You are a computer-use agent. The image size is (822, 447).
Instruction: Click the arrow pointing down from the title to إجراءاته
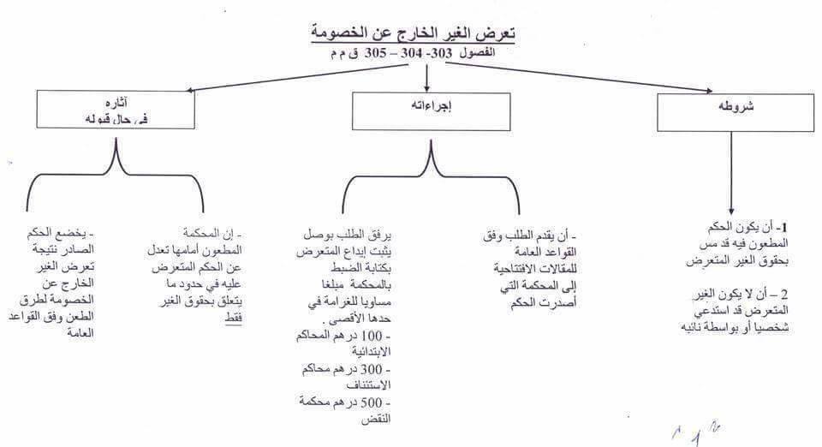point(427,77)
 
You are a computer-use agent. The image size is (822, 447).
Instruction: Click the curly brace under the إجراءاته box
point(431,167)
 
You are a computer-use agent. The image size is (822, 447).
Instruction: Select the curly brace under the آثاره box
point(116,167)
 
